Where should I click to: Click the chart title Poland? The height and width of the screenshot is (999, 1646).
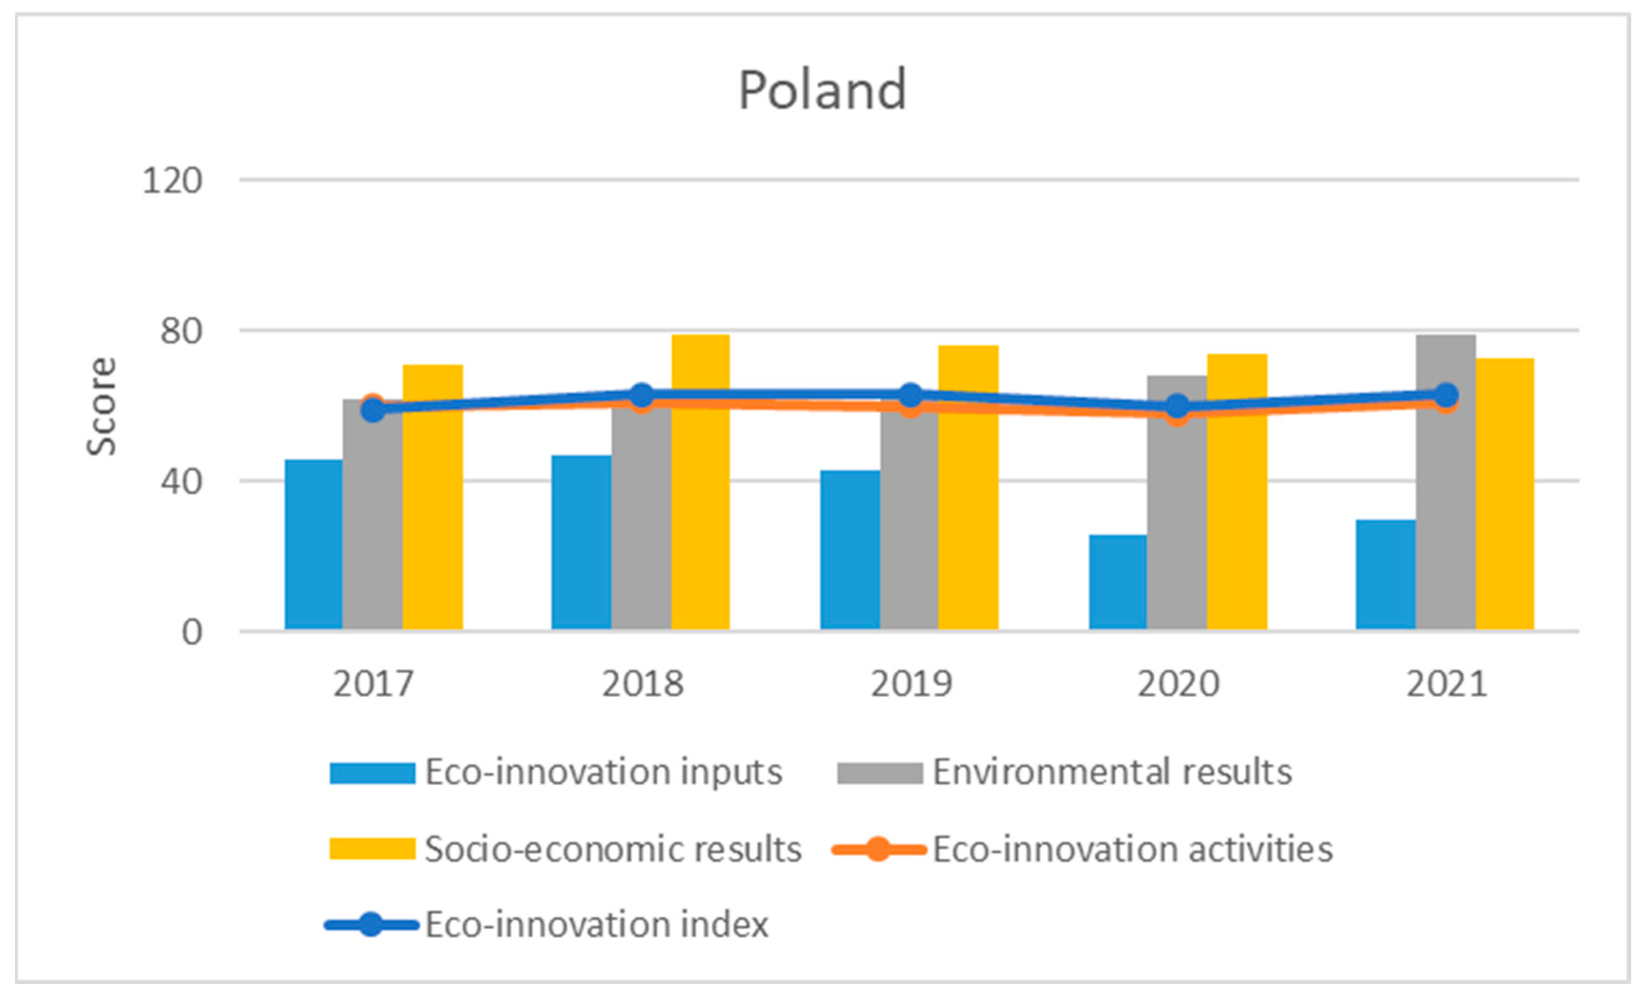coord(822,90)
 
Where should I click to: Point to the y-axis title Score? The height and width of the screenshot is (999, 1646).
coord(102,407)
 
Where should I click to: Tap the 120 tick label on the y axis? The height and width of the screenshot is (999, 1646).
coord(173,181)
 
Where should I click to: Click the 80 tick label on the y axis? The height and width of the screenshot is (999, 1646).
coord(181,331)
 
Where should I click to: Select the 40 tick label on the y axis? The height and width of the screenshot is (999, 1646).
coord(181,481)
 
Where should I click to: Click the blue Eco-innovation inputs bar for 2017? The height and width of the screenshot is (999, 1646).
coord(313,544)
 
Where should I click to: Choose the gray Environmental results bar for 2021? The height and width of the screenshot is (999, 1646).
coord(1445,514)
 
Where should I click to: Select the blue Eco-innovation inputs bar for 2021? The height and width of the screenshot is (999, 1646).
coord(1385,574)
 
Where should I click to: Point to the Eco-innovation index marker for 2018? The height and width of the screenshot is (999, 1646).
coord(641,396)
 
